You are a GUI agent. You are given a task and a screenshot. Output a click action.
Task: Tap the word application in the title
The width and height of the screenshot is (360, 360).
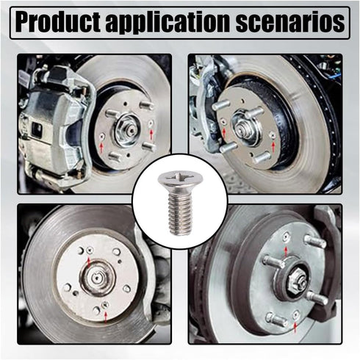(173, 23)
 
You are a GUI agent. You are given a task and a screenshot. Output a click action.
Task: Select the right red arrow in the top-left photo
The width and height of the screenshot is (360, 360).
(149, 134)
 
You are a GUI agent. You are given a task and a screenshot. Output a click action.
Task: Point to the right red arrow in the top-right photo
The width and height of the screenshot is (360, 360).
(273, 147)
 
